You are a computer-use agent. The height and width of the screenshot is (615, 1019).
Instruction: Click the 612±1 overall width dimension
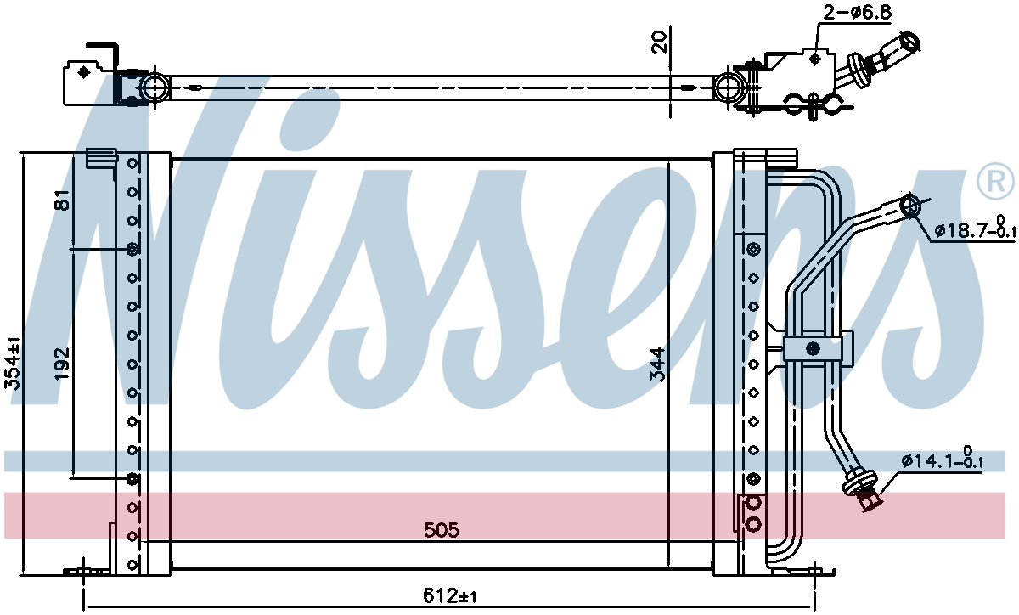(x=449, y=595)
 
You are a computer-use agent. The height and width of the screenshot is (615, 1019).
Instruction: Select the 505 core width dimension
(x=442, y=530)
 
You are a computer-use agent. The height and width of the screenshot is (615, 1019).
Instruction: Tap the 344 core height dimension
(x=657, y=364)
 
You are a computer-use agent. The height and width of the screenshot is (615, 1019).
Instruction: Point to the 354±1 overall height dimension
(x=13, y=364)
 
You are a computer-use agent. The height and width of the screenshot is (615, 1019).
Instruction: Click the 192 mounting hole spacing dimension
(x=62, y=364)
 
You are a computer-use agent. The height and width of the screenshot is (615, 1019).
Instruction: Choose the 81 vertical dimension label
(x=62, y=200)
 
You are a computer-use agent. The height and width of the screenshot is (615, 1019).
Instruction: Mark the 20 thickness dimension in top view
(x=659, y=42)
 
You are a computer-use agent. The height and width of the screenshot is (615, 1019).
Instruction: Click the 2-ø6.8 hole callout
(x=858, y=12)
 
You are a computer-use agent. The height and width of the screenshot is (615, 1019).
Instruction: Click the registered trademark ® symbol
(x=995, y=181)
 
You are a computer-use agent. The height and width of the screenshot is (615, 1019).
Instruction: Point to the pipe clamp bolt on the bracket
(x=813, y=349)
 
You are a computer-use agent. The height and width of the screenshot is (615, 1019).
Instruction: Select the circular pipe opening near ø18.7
(x=909, y=206)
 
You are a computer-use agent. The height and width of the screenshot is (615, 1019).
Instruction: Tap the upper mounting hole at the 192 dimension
(x=132, y=249)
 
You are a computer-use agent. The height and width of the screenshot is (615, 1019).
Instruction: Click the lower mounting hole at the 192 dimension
(x=132, y=478)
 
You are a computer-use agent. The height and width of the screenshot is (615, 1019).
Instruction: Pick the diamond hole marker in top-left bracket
(x=83, y=72)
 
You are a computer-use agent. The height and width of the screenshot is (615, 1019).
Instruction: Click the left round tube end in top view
(x=155, y=87)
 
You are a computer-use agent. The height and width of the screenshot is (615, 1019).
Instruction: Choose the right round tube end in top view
(x=728, y=87)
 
